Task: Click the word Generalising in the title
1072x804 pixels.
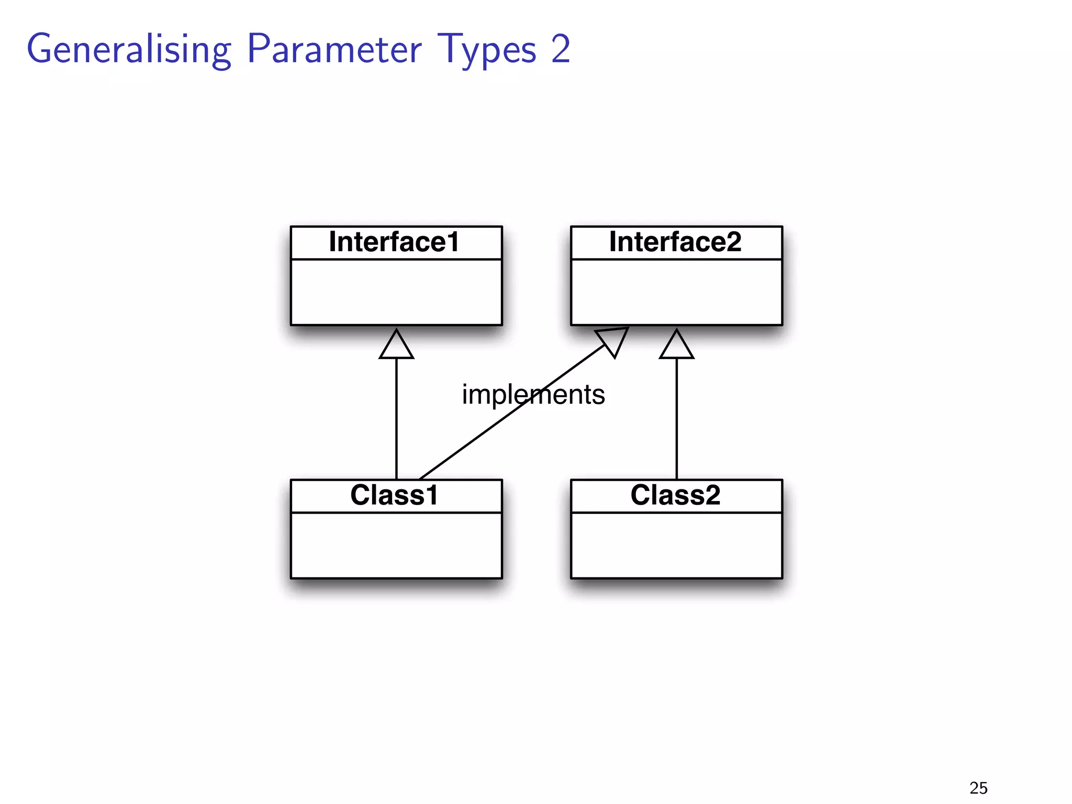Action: coord(129,50)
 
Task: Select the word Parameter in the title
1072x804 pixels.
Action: coord(334,49)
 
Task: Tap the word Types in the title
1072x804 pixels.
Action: coord(487,50)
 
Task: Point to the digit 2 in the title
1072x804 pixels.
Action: coord(560,49)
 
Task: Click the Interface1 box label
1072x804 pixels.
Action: coord(394,242)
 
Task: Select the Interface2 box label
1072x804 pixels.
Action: coord(675,242)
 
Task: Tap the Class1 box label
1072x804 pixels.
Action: coord(394,495)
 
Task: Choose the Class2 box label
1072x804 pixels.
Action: coord(675,495)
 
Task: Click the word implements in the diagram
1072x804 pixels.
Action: coord(533,394)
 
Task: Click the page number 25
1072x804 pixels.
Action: coord(978,788)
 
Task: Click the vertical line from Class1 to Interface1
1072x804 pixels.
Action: coord(396,419)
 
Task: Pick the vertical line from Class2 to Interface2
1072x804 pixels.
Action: coord(676,419)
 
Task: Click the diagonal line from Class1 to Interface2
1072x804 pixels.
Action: coord(471,441)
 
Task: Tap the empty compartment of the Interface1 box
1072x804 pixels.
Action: coord(396,292)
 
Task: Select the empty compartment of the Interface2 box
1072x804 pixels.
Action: coord(676,292)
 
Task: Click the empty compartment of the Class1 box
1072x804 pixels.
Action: coord(396,545)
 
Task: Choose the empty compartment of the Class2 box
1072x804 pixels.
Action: coord(676,545)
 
